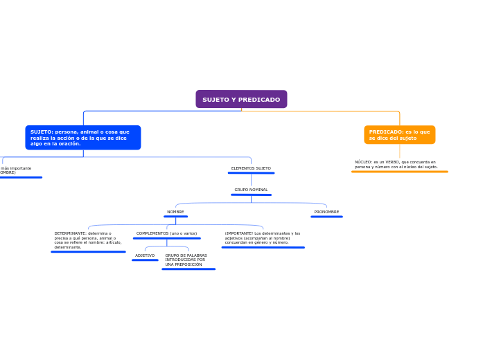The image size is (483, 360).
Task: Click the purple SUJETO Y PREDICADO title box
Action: [x=241, y=100]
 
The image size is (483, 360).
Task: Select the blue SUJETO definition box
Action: [x=82, y=138]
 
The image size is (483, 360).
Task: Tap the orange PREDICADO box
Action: [x=399, y=135]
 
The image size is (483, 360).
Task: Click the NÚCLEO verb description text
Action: [x=396, y=165]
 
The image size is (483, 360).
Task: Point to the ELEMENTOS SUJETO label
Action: [x=251, y=168]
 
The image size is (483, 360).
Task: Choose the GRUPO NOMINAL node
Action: [x=251, y=190]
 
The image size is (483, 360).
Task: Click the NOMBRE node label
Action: [x=175, y=212]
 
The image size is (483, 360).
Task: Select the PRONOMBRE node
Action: [x=326, y=212]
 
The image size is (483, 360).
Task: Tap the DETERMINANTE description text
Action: [x=88, y=240]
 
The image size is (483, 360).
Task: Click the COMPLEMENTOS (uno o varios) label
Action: [x=166, y=233]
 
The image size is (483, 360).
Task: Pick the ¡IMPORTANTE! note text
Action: [x=263, y=238]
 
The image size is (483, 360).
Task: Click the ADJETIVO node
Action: [x=145, y=255]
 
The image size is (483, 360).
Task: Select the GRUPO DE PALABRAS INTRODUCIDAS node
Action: [x=186, y=260]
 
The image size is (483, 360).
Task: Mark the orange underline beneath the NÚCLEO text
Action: [x=399, y=172]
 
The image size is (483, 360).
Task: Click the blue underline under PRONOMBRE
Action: [x=326, y=217]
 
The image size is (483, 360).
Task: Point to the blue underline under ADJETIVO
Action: [x=145, y=260]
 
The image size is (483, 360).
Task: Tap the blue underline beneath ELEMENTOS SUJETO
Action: [x=251, y=173]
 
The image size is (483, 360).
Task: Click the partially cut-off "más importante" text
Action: [x=16, y=168]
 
